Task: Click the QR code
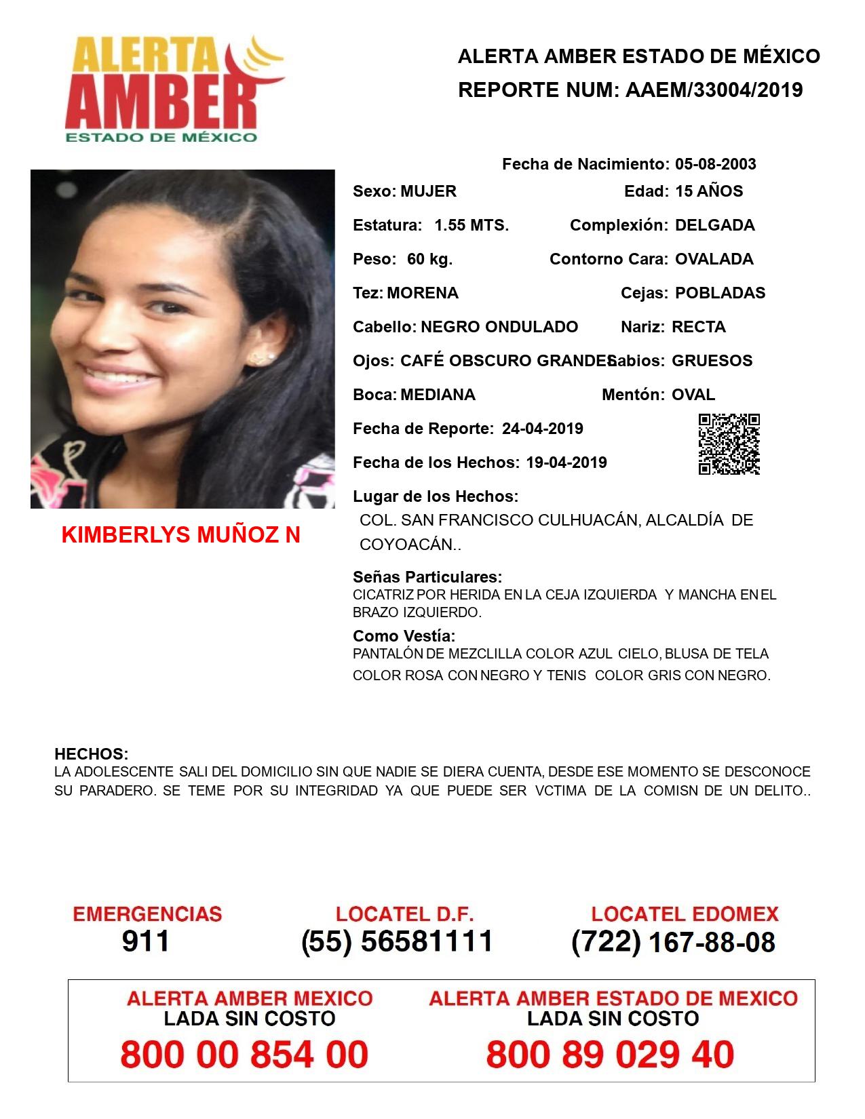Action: [729, 444]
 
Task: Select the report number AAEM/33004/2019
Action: [714, 90]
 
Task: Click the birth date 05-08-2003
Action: [715, 164]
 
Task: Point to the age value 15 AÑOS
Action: [709, 191]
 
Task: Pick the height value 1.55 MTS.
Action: [472, 225]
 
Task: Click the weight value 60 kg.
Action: [429, 259]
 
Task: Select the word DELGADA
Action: [714, 225]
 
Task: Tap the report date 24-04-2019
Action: [542, 429]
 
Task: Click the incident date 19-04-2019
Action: [566, 463]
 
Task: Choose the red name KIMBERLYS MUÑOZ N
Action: [180, 535]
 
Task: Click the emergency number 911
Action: [146, 941]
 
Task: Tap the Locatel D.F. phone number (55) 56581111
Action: [397, 941]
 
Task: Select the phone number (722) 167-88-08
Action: [673, 942]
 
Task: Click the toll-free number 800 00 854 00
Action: [244, 1055]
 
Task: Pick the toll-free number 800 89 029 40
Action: [610, 1055]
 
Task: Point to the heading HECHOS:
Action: [91, 754]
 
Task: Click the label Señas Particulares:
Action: [427, 577]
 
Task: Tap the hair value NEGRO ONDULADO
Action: [499, 327]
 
